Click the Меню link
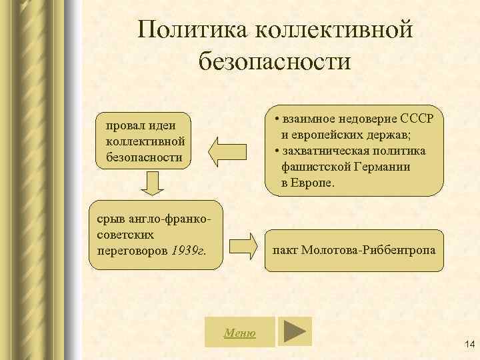[x=239, y=332]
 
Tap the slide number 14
[x=467, y=344]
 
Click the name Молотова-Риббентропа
[x=379, y=251]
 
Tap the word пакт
[x=286, y=251]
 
